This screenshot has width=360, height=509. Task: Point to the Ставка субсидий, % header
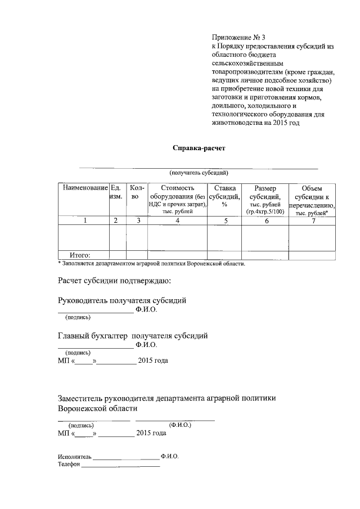click(224, 196)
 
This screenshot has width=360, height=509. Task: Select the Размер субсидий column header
click(265, 200)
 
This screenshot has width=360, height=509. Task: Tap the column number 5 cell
click(224, 221)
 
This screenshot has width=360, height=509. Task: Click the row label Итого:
click(79, 255)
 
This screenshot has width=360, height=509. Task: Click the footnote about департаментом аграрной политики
click(151, 263)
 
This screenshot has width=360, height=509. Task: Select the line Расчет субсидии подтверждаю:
click(114, 280)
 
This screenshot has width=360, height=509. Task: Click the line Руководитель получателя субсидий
click(122, 300)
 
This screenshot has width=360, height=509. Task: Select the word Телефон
click(69, 465)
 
